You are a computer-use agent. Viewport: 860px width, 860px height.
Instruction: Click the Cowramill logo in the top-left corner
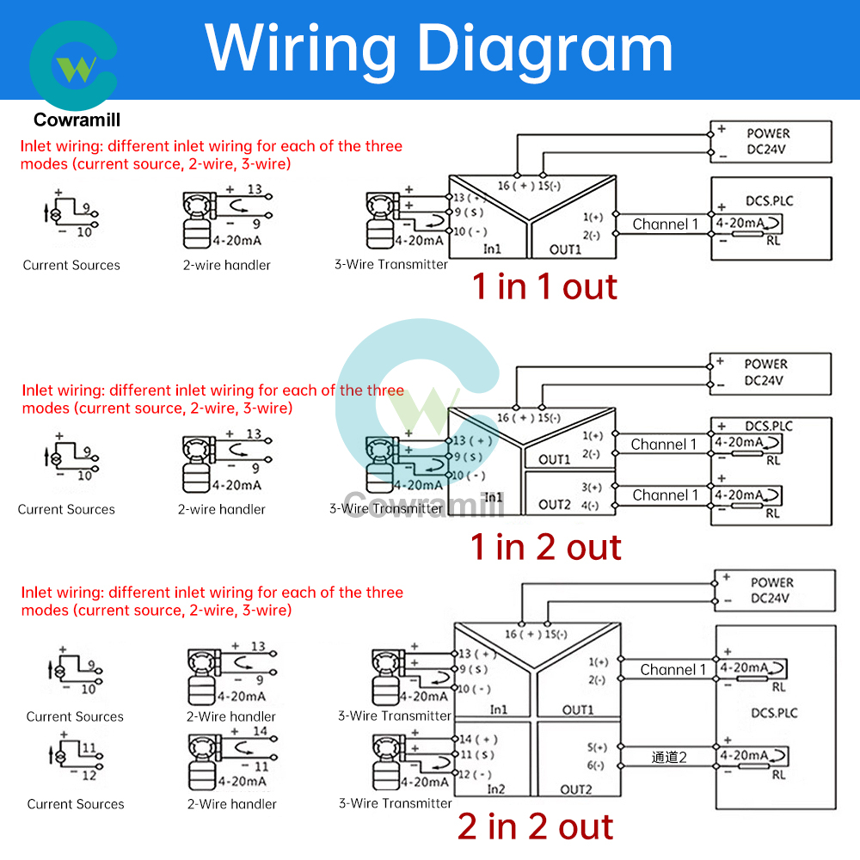[x=73, y=69]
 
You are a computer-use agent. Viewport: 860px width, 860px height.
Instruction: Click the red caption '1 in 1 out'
[x=544, y=286]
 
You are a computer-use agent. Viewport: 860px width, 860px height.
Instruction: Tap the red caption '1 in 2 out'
[x=545, y=547]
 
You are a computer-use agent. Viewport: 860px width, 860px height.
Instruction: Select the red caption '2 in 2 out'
[x=535, y=826]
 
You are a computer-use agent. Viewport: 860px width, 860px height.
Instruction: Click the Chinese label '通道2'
[x=670, y=758]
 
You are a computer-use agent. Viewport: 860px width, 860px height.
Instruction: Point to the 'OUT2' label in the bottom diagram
[x=577, y=789]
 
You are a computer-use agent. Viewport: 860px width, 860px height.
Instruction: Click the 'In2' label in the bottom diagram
[x=496, y=789]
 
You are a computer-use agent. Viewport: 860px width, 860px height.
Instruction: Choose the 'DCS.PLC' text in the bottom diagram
[x=774, y=713]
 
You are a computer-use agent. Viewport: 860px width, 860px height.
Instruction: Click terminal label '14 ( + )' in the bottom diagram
[x=478, y=739]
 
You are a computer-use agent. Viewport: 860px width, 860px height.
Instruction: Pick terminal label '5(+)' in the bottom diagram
[x=598, y=747]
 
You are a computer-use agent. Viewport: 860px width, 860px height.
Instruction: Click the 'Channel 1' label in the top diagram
[x=666, y=224]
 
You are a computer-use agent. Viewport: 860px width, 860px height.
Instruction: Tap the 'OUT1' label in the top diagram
[x=565, y=249]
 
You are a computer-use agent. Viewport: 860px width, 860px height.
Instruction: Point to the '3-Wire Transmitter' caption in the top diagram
[x=390, y=265]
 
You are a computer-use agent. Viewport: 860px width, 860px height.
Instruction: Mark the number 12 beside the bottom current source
[x=89, y=775]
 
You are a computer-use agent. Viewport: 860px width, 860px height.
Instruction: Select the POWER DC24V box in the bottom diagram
[x=775, y=591]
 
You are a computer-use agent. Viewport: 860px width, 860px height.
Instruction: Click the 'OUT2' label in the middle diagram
[x=555, y=505]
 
